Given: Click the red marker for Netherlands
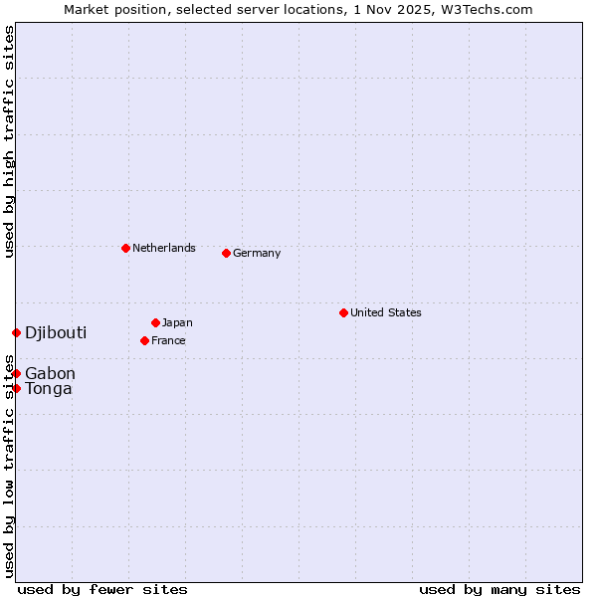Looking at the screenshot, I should pos(125,248).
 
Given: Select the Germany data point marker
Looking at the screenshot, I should pos(226,253).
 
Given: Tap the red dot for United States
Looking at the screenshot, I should pos(343,312).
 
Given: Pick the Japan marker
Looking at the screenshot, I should pos(155,322).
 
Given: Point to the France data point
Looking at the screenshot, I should pos(144,340).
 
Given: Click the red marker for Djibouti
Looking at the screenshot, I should pos(16,332).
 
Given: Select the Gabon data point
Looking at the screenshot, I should pos(16,373).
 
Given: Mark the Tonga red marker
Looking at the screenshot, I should pos(16,388).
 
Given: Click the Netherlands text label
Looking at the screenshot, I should pos(164,248).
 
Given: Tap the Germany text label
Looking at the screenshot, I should pos(257,253).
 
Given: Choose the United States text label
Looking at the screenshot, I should pos(386,312).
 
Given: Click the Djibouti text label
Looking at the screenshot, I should pos(56,332).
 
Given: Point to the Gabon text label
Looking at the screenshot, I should pos(50,373).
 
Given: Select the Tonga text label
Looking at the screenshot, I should pos(49,388).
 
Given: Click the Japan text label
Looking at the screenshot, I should pos(177,322).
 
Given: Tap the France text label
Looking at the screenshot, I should pos(168,340).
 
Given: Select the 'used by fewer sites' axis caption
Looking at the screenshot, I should pos(102,589).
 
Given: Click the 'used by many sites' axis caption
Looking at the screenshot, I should pos(499,589).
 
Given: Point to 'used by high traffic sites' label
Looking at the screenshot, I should pos(9,141).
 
